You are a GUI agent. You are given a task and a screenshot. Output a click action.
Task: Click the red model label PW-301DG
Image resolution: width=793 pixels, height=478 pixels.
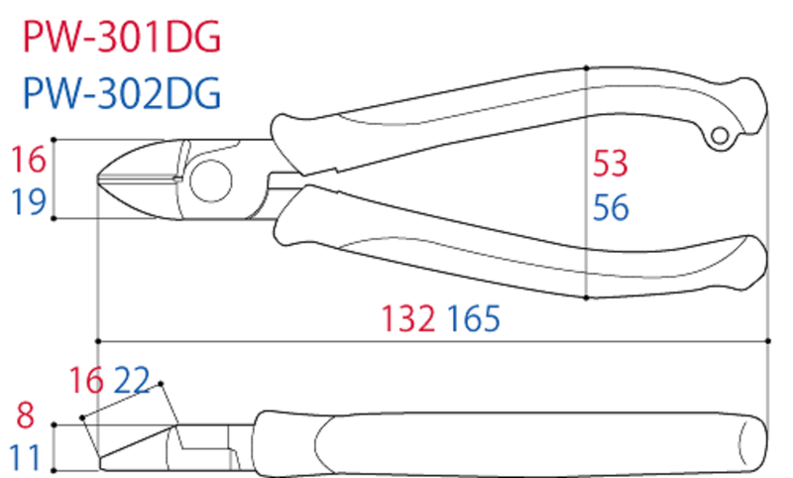(x=122, y=37)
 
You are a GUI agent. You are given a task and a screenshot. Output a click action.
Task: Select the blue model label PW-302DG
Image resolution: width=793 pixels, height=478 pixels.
(x=122, y=93)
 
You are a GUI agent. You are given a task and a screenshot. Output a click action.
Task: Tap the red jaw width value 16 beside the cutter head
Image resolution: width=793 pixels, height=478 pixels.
(x=29, y=160)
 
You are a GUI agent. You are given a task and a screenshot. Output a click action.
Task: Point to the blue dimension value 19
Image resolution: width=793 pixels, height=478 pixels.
(x=29, y=200)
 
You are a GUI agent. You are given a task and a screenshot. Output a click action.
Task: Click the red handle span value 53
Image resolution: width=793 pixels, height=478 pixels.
(x=611, y=164)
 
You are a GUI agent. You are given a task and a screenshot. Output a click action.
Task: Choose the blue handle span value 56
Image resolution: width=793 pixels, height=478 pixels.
(x=611, y=207)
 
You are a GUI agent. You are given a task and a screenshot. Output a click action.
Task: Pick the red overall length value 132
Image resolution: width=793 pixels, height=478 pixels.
(x=407, y=318)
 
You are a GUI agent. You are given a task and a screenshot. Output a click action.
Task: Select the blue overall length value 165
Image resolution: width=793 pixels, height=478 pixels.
(x=474, y=318)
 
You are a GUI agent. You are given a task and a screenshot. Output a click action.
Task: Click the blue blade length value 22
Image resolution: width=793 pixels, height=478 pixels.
(x=132, y=381)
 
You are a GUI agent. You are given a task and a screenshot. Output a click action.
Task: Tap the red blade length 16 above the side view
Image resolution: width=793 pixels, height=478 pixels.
(x=86, y=381)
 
